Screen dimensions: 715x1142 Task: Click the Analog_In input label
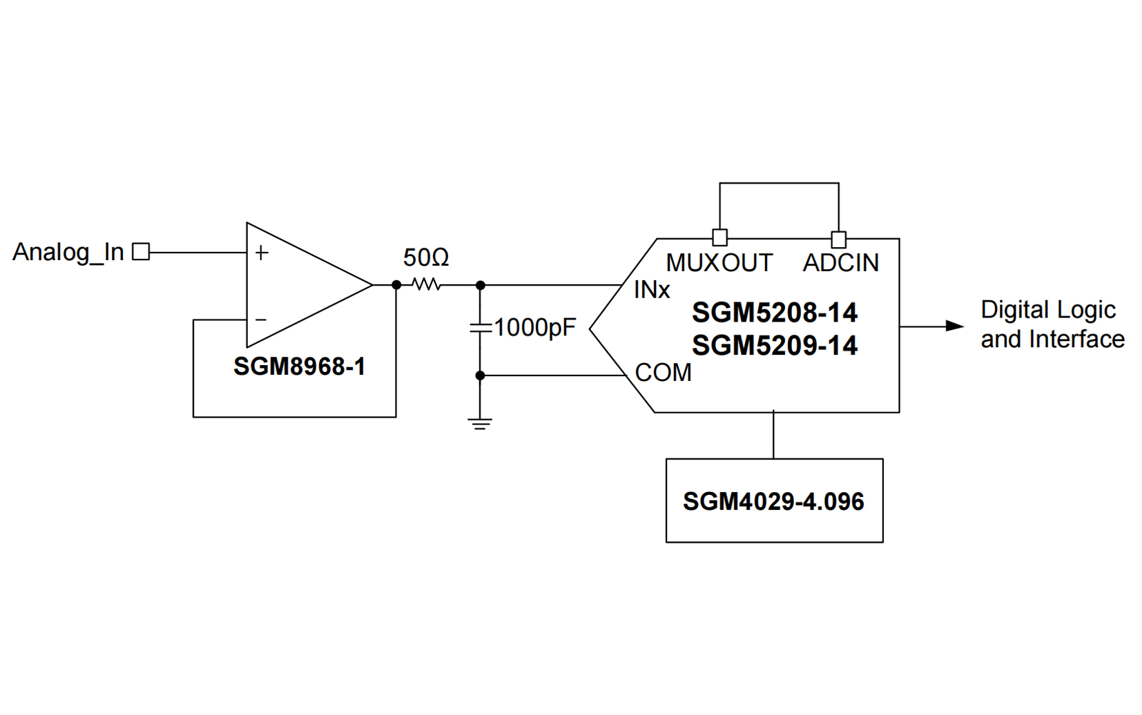68,253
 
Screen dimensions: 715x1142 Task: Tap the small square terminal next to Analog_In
141,252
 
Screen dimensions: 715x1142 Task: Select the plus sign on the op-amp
262,253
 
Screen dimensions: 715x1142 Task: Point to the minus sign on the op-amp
261,320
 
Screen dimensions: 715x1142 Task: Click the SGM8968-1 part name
299,366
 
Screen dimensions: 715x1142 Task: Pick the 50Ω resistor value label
426,258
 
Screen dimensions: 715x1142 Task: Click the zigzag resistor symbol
426,284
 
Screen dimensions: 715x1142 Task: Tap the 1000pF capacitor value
534,328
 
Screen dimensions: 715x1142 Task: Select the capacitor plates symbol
480,328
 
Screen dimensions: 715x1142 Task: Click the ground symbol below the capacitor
480,423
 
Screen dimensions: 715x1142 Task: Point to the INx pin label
652,291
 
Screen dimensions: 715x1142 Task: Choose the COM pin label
663,373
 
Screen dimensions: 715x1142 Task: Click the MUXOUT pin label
719,263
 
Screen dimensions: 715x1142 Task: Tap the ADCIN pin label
841,263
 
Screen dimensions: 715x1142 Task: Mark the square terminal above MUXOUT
719,238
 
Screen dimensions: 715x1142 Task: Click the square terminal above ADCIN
838,239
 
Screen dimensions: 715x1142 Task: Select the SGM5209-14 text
774,346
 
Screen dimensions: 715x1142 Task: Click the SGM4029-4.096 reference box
774,501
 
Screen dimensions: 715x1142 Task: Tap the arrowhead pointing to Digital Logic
954,326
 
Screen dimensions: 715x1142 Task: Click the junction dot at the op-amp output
396,284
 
